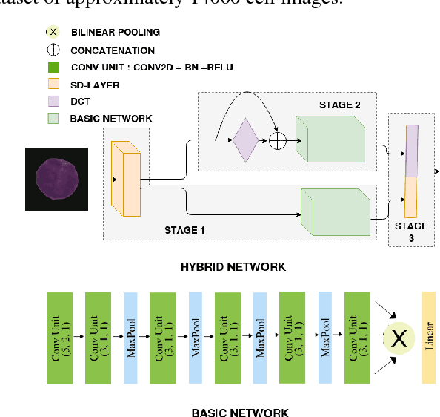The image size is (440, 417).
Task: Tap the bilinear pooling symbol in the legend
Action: point(53,33)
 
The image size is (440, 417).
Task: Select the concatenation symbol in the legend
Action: point(53,50)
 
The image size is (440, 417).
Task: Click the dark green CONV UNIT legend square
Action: point(53,68)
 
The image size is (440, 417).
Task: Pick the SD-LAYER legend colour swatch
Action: point(53,84)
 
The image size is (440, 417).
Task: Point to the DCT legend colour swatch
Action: point(53,101)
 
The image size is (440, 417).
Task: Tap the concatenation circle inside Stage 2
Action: point(278,140)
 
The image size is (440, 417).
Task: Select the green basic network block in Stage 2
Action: point(330,139)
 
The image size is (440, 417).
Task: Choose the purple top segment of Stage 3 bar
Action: point(412,150)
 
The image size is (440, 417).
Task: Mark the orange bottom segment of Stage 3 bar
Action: point(411,197)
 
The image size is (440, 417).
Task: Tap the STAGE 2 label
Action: point(340,105)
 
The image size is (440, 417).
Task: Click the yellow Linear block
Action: point(429,338)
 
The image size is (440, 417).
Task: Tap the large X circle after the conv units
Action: point(399,339)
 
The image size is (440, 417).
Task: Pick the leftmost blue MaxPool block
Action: point(130,338)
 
